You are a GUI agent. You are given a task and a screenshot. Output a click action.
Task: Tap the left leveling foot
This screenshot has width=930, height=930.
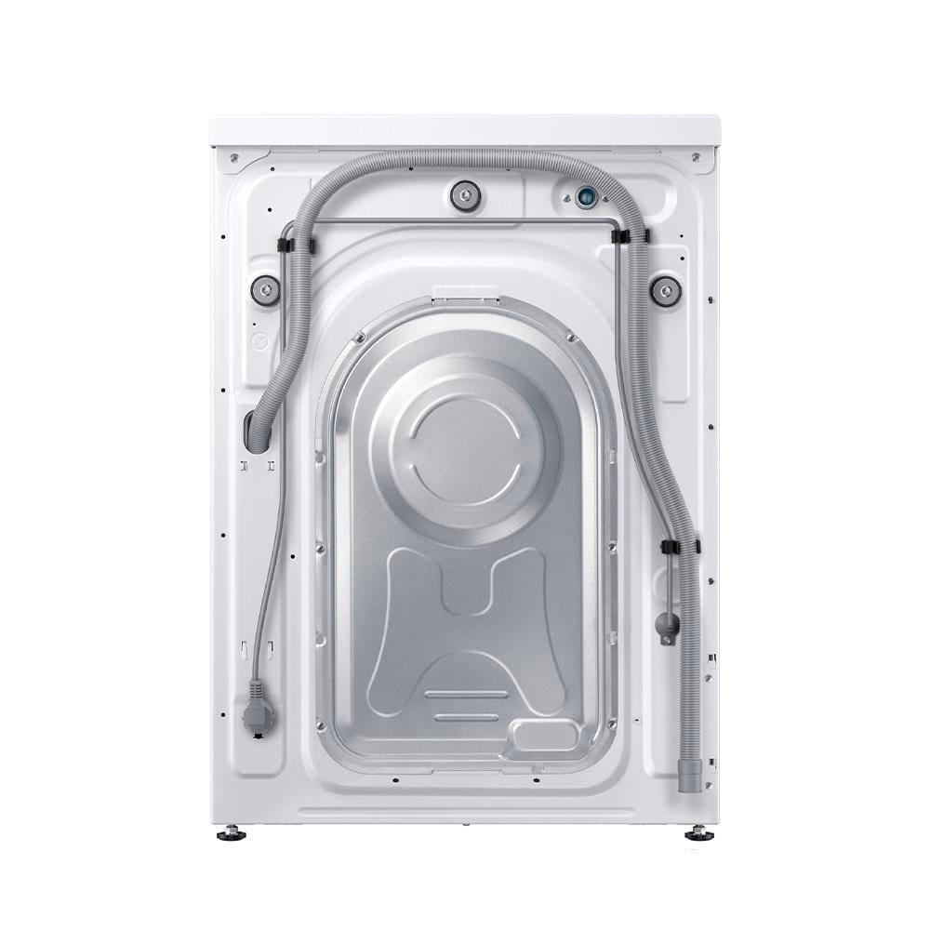231,833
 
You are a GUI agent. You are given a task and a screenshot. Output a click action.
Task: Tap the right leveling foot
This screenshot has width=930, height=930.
698,833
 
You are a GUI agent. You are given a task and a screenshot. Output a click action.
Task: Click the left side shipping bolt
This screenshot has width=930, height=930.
265,291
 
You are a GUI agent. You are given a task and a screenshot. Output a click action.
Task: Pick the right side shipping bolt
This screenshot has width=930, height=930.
665,291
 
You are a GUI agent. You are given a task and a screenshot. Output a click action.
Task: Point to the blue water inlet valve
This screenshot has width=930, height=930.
585,197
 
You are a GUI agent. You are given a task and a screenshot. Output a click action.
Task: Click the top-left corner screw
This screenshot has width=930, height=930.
234,158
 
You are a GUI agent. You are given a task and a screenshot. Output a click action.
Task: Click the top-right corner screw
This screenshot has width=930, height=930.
696,158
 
